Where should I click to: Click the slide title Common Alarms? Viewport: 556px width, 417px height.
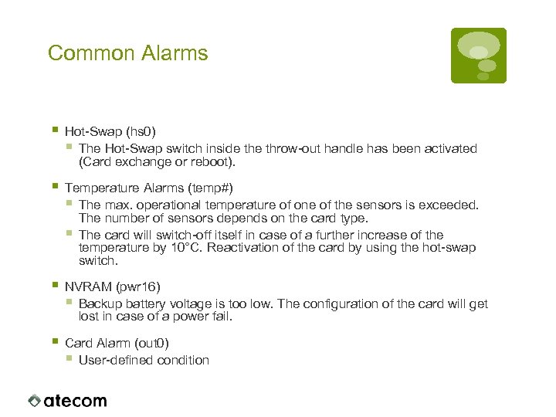[x=127, y=53]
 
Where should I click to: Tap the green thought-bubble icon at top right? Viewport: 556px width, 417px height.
[x=478, y=55]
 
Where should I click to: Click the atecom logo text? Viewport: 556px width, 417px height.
[x=76, y=401]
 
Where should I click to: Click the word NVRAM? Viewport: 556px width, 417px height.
[x=87, y=287]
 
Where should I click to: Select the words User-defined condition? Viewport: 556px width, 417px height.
[x=144, y=360]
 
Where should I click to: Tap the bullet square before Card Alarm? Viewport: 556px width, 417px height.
[x=54, y=341]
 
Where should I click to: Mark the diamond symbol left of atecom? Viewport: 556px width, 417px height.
[x=34, y=401]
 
